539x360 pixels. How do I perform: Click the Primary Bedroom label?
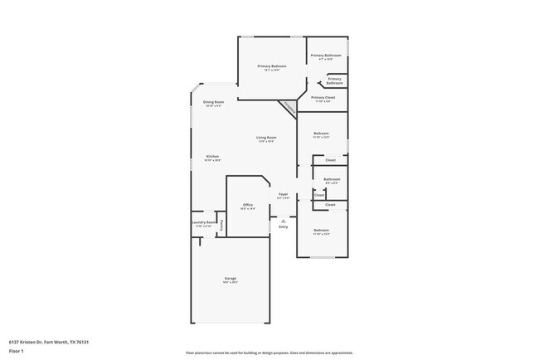coord(272,66)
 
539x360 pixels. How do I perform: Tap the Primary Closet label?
coord(323,98)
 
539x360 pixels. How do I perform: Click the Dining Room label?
coord(213,102)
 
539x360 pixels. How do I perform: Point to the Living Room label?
coord(265,138)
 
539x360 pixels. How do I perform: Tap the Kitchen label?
coord(212,157)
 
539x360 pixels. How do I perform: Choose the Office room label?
coord(247,205)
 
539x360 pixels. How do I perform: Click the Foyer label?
coord(283,195)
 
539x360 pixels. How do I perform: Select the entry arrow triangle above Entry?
coord(283,221)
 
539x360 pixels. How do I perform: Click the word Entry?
coord(283,226)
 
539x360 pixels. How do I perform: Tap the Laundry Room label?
coord(204,222)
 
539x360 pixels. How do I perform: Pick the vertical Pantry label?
coord(221,223)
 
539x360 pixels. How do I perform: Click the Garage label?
coord(230,278)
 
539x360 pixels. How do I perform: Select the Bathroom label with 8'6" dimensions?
coord(331,179)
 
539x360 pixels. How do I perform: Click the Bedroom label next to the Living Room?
coord(321,134)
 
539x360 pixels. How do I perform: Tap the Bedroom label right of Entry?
coord(321,230)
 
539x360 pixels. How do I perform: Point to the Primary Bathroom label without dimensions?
coord(334,81)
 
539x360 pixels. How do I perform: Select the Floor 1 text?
coord(16,351)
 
